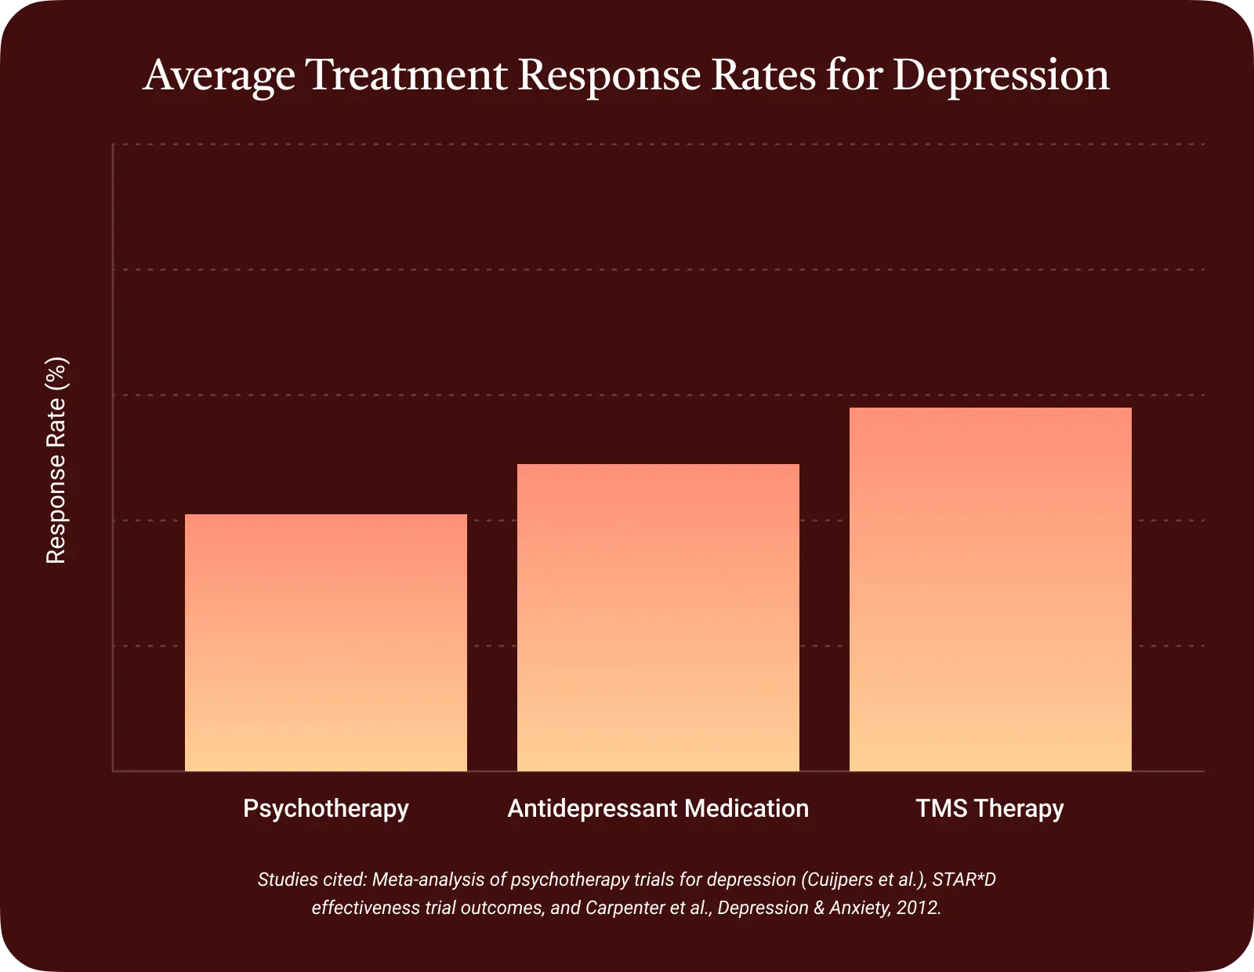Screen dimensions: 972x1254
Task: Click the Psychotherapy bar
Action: pos(326,643)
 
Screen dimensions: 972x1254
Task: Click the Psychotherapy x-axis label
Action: pos(326,808)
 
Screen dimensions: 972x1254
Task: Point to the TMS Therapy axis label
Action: pos(990,808)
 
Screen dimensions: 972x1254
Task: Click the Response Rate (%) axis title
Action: pos(56,461)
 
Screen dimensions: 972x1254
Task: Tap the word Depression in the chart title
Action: pos(1001,76)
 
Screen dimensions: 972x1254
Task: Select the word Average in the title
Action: pos(219,76)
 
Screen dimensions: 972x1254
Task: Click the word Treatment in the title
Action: pos(406,76)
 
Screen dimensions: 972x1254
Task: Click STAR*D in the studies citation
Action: pos(964,880)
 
